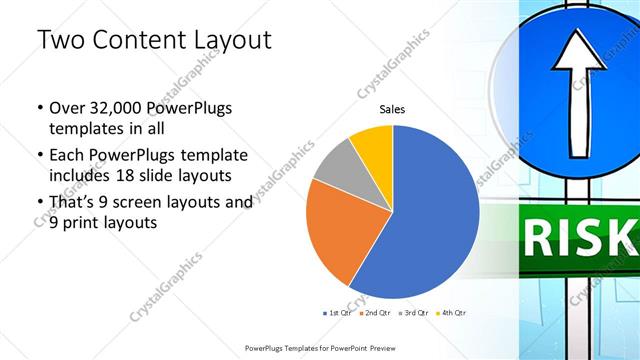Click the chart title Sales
coord(392,110)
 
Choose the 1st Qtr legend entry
coord(337,313)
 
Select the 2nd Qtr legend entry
coord(376,313)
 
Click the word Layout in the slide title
coord(231,40)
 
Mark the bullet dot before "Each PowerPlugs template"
coord(38,156)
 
